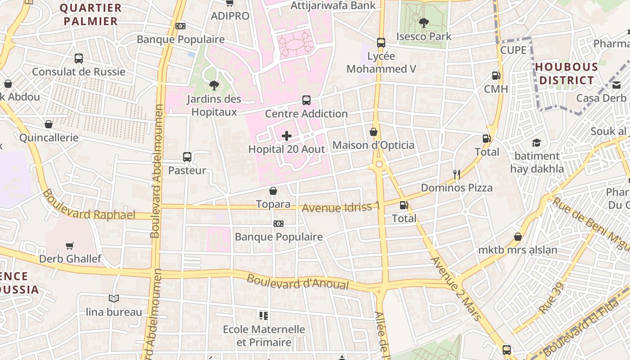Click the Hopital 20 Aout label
coord(287,149)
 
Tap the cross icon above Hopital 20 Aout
coord(287,136)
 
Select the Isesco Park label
coord(423,36)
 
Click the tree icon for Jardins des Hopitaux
coord(214,85)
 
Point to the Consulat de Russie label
coord(79,72)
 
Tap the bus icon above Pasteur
coord(187,157)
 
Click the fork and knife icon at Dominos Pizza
coord(457,175)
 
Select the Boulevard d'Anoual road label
coord(298,282)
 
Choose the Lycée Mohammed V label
coord(381,63)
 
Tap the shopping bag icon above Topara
coord(273,191)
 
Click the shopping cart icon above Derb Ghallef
coord(70,246)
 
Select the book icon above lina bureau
coord(114,298)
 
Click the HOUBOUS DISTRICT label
coord(567,74)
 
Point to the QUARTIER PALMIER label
coord(90,14)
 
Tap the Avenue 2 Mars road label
coord(456,288)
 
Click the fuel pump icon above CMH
coord(496,76)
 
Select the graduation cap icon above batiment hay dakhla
coord(536,143)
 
